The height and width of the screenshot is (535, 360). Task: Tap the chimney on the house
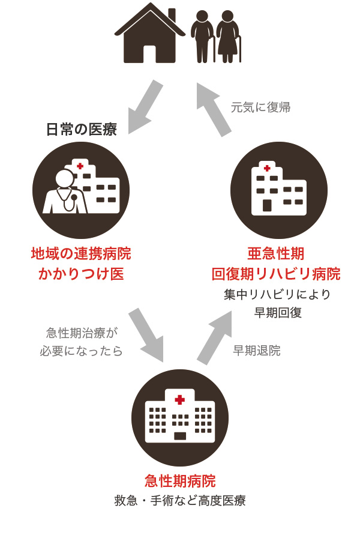172,15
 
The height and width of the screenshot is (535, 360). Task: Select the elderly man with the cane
203,36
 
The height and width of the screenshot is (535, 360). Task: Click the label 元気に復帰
260,107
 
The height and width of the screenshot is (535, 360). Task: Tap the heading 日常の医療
81,129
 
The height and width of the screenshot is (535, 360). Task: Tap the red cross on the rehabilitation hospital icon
267,168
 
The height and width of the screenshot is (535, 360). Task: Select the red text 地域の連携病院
81,254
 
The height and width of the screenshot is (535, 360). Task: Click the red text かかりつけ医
81,274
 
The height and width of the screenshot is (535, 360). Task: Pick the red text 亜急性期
277,254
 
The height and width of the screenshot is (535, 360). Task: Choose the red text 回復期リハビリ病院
277,274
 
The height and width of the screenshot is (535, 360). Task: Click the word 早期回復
277,313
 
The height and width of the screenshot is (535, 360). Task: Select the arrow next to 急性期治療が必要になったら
146,335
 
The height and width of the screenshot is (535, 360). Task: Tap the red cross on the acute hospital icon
179,399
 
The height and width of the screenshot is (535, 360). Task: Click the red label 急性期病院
180,481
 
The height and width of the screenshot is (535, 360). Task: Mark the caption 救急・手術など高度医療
180,501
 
